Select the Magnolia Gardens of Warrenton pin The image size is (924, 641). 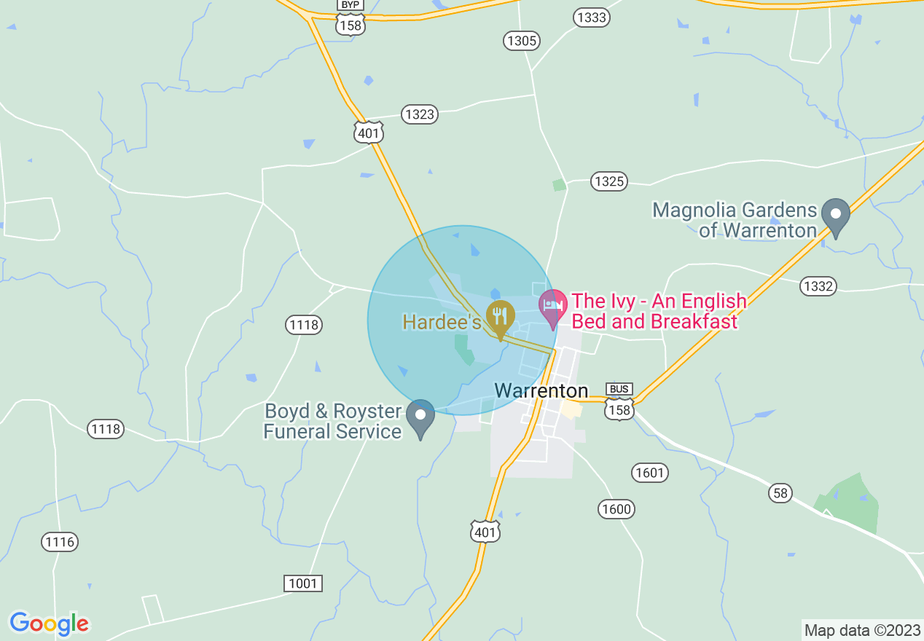coord(836,216)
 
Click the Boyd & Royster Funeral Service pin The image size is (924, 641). coord(420,416)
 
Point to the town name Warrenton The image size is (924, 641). coord(541,391)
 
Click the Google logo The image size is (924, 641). coord(49,624)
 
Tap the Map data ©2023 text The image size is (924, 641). coord(861,629)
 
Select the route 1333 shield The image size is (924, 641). coord(591,18)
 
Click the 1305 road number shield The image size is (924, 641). coord(522,41)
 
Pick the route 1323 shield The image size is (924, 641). coord(419,114)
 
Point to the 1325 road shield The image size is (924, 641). coord(608,181)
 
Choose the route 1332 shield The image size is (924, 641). coord(817,286)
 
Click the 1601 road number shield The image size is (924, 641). coord(649,473)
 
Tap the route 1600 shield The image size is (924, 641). coord(616,508)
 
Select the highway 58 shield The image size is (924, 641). coord(780,493)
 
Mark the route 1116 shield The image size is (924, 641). coord(59,541)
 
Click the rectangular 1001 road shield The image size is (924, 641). coord(302,583)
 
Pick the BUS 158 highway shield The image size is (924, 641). coord(619,403)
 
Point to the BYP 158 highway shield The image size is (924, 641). coord(351,17)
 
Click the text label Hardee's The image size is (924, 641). coord(442,322)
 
